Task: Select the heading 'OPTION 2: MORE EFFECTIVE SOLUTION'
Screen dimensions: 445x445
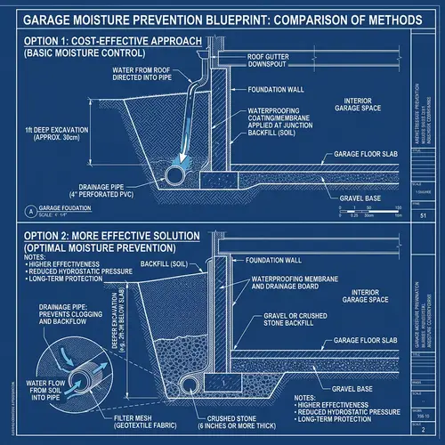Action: (x=104, y=236)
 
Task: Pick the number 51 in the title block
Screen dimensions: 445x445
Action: (x=423, y=215)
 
